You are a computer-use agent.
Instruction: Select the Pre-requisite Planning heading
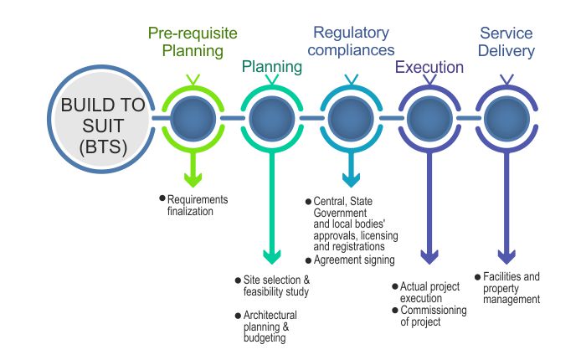[193, 42]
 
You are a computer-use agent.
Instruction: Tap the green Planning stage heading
[272, 67]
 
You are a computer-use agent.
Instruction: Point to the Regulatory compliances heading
[351, 42]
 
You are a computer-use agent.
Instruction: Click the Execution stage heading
[429, 67]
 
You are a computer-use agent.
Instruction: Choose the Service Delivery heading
[506, 42]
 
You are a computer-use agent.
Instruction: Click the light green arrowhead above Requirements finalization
[193, 177]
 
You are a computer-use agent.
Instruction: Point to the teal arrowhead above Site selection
[272, 256]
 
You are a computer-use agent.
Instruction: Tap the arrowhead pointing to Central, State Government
[351, 177]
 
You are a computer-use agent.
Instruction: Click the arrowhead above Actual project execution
[429, 256]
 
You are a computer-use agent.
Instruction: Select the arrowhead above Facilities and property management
[506, 256]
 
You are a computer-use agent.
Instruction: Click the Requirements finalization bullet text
[198, 205]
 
